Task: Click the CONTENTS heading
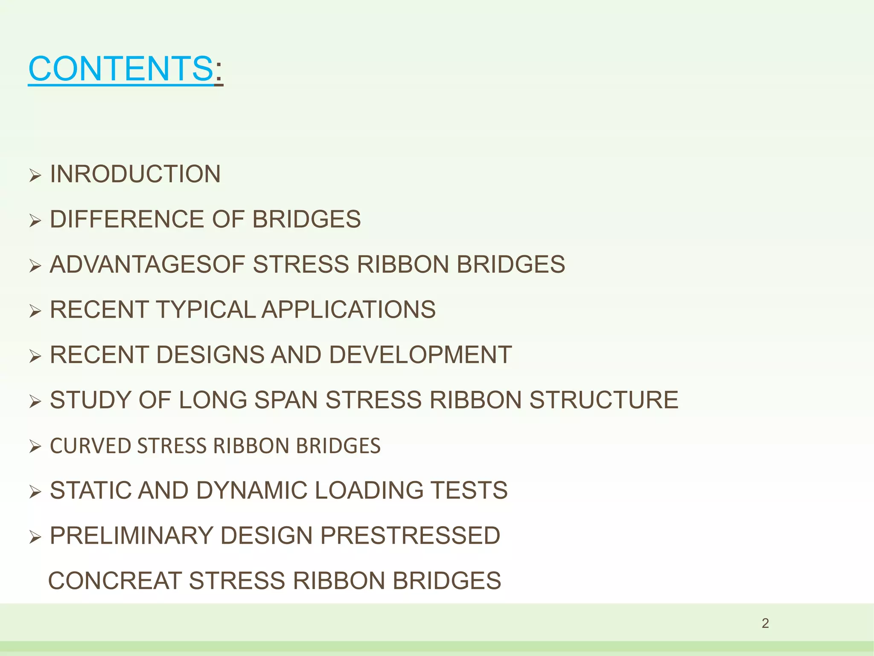tap(121, 69)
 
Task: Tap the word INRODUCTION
tap(135, 174)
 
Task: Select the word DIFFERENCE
tap(127, 220)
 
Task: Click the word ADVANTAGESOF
tap(147, 264)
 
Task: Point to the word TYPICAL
tap(206, 310)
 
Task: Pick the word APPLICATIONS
tap(349, 310)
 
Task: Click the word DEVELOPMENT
tap(420, 355)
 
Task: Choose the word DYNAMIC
tap(252, 490)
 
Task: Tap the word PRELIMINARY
tap(131, 536)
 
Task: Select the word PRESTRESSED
tap(410, 536)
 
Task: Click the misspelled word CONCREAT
tap(115, 581)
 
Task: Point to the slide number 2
tap(765, 624)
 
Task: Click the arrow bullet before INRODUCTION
tap(35, 175)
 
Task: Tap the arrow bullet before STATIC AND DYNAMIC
tap(35, 492)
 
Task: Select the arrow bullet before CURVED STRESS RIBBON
tap(35, 447)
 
